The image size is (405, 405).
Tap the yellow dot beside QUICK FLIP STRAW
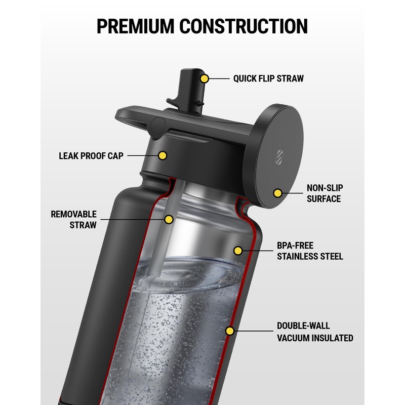point(205,78)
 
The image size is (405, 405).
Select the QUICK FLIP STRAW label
point(268,78)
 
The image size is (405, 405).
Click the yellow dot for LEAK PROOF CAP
point(162,155)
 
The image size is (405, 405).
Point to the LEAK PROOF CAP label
point(91,155)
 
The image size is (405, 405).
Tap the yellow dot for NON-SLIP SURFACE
point(277,193)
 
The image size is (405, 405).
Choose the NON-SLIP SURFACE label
point(324,193)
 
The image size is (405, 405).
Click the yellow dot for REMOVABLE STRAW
point(169,219)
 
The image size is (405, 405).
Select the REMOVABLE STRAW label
point(73,220)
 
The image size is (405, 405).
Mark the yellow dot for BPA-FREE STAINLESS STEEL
point(238,250)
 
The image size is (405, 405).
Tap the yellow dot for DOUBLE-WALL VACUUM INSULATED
point(230,332)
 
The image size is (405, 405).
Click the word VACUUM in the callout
point(295,338)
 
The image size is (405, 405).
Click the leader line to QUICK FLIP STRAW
point(219,78)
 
